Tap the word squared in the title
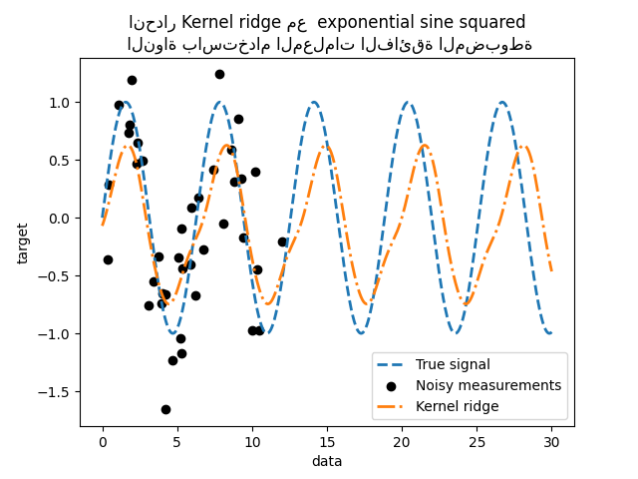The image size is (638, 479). (494, 22)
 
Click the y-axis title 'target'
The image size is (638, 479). (23, 243)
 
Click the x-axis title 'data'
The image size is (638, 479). (327, 461)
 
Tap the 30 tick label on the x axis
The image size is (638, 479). (551, 441)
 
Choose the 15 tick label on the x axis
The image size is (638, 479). (327, 441)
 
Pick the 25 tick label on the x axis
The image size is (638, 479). (477, 441)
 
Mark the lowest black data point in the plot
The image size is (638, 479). (165, 409)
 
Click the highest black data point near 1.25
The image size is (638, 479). (219, 74)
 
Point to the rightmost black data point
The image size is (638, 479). (282, 241)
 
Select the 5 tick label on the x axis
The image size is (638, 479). (177, 441)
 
